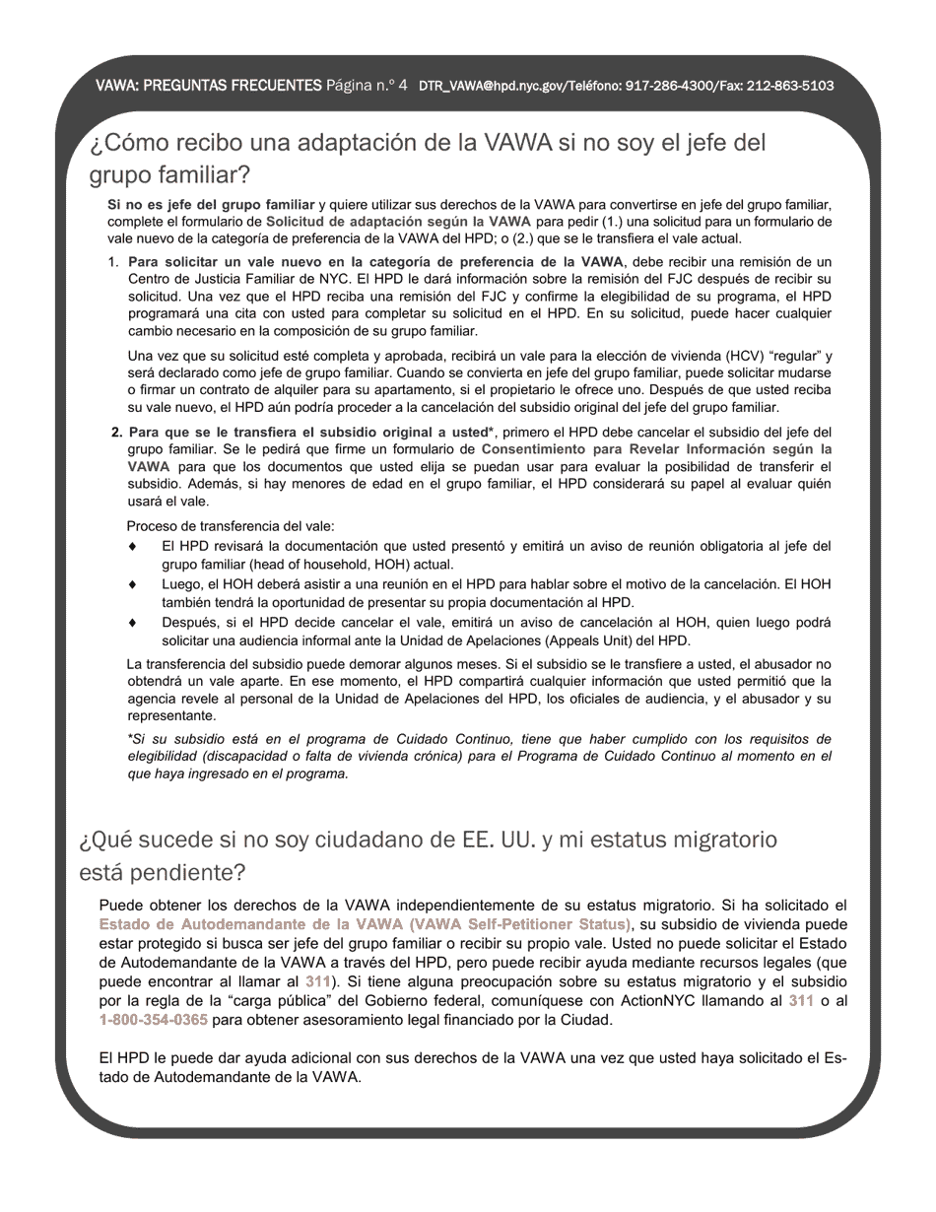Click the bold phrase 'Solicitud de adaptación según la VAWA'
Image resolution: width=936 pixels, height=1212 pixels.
(x=398, y=222)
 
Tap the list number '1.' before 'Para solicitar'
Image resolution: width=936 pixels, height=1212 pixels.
(x=113, y=262)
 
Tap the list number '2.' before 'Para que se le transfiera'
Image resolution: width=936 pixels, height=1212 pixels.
(x=117, y=432)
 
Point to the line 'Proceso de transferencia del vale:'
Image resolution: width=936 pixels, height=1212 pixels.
(x=231, y=526)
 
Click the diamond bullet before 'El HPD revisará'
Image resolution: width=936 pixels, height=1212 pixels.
(x=133, y=546)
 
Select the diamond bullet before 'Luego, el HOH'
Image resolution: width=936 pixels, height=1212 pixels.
(x=133, y=584)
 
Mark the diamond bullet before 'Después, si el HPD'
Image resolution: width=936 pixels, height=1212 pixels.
(x=133, y=623)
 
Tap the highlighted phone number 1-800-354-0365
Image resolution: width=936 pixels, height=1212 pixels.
(x=154, y=1019)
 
